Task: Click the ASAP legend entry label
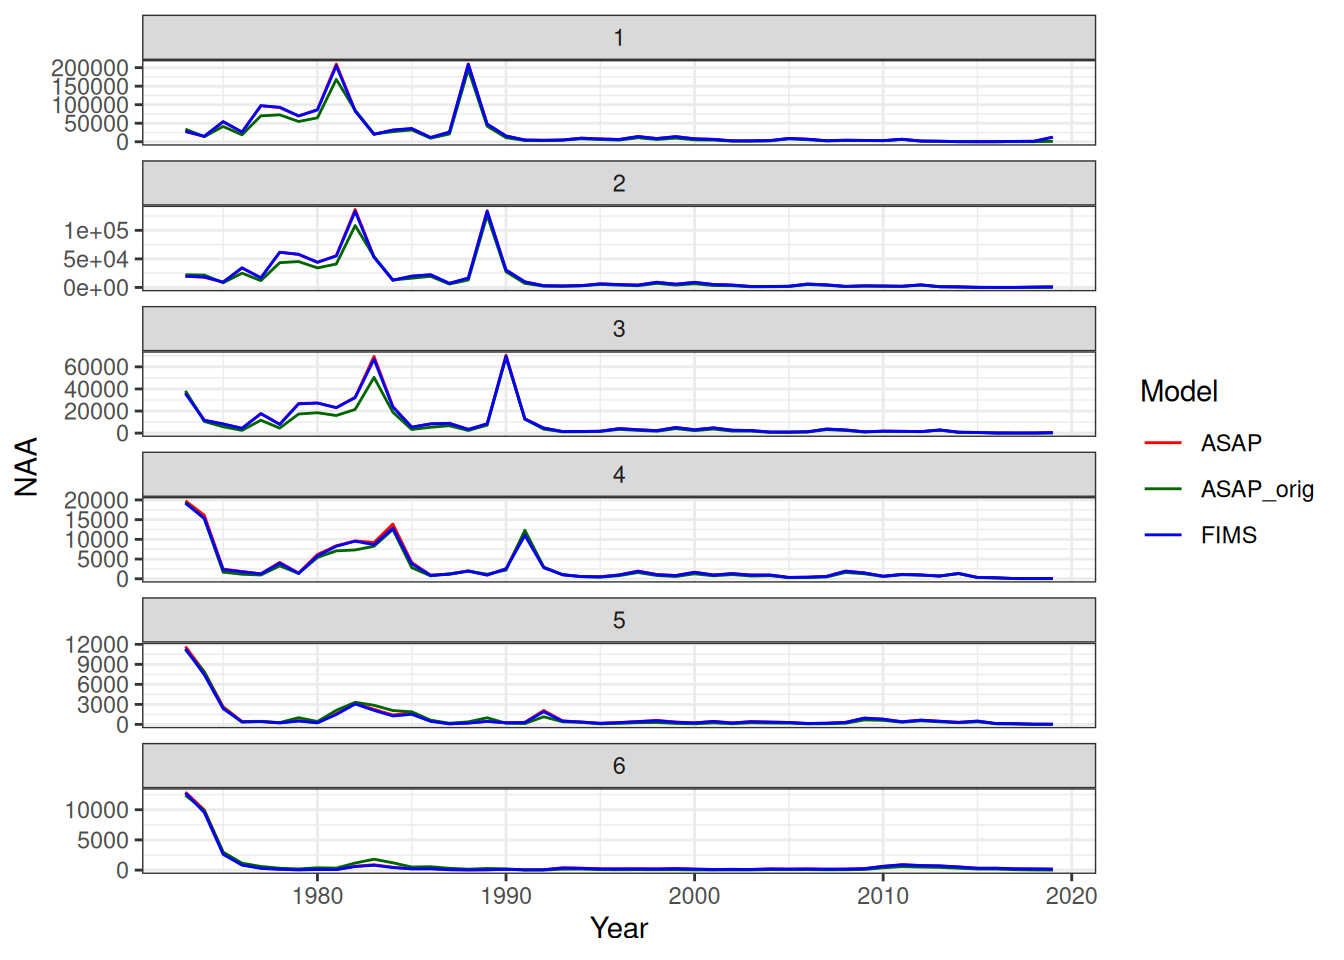[1230, 443]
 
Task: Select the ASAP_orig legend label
[1256, 489]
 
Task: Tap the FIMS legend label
[1228, 535]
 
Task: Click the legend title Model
[1178, 391]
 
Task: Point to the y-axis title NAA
[27, 466]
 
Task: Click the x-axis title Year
[619, 928]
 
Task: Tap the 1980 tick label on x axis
[318, 896]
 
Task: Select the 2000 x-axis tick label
[694, 896]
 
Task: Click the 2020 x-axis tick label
[1071, 896]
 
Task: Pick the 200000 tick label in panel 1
[90, 68]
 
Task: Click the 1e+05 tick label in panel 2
[96, 231]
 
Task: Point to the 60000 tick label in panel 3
[96, 367]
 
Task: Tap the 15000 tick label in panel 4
[96, 520]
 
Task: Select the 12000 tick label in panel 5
[96, 645]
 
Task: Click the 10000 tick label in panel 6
[96, 810]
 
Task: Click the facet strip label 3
[619, 329]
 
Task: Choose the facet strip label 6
[619, 766]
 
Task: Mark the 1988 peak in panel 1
[468, 65]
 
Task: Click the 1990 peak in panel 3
[506, 356]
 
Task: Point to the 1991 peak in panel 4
[525, 532]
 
